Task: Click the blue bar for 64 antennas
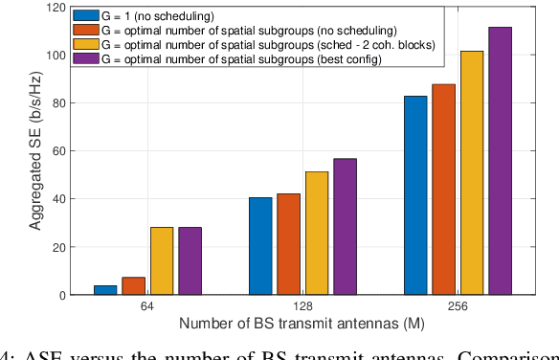(105, 289)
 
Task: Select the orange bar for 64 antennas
(133, 285)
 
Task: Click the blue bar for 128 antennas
(260, 246)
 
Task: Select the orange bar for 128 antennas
(288, 244)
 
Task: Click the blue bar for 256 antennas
(414, 195)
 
